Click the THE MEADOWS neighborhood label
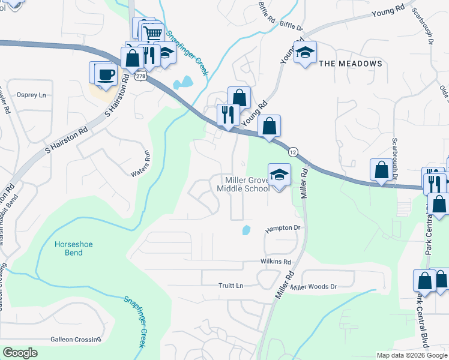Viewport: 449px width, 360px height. point(351,64)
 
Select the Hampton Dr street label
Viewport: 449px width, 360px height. point(282,229)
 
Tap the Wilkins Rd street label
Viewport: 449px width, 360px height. point(276,262)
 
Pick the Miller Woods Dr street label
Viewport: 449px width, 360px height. point(314,287)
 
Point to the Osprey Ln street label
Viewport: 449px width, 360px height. point(31,95)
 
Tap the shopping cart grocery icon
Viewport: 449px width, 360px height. point(154,34)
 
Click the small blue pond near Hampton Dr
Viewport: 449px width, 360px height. point(246,230)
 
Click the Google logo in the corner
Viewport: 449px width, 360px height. point(20,353)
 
